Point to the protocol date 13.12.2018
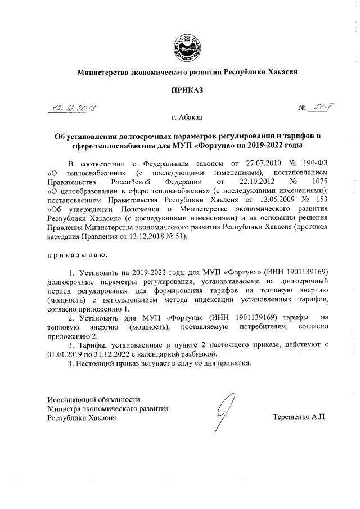click(x=157, y=236)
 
